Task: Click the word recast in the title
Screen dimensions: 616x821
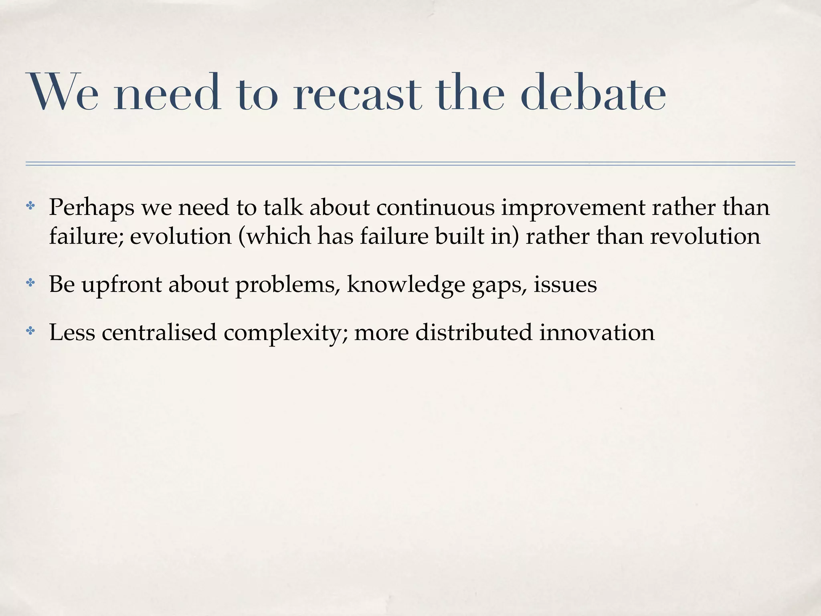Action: click(x=357, y=93)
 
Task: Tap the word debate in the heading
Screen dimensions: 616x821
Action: click(x=593, y=93)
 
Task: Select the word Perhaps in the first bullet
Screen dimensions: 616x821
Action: click(x=91, y=208)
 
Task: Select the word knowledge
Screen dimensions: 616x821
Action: click(x=406, y=286)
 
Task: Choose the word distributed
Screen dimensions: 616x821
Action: click(x=473, y=332)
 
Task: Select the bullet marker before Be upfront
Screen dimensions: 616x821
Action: click(x=30, y=284)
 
